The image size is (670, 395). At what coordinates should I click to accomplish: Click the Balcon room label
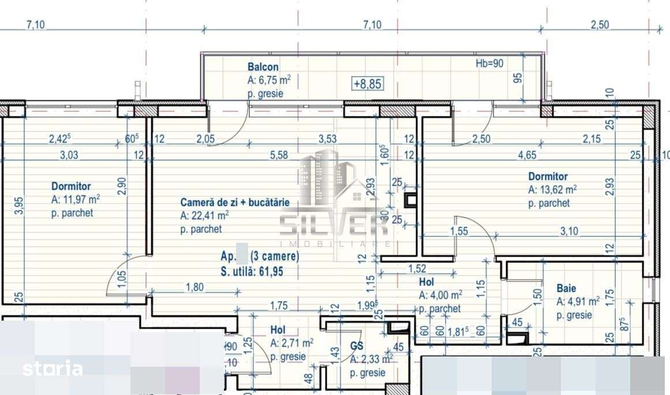(x=263, y=67)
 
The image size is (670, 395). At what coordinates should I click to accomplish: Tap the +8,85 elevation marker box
(x=367, y=84)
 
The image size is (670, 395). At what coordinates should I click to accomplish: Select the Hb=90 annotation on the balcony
(x=489, y=63)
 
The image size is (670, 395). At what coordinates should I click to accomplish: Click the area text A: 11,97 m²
(x=76, y=200)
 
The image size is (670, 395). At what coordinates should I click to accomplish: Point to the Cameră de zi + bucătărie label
(x=235, y=202)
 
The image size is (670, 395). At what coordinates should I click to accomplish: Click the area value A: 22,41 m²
(x=205, y=216)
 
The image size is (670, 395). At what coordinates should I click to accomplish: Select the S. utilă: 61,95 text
(x=252, y=272)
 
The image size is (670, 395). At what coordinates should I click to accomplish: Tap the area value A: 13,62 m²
(x=553, y=190)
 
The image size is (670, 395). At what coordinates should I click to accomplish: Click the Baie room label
(x=567, y=288)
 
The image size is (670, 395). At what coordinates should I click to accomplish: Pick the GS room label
(x=357, y=347)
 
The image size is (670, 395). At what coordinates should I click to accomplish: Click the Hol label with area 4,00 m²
(x=426, y=283)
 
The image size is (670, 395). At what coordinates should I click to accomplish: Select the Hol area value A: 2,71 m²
(x=291, y=343)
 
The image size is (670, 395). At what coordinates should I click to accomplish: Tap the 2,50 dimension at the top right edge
(x=600, y=25)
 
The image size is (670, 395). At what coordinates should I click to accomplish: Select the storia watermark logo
(x=53, y=368)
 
